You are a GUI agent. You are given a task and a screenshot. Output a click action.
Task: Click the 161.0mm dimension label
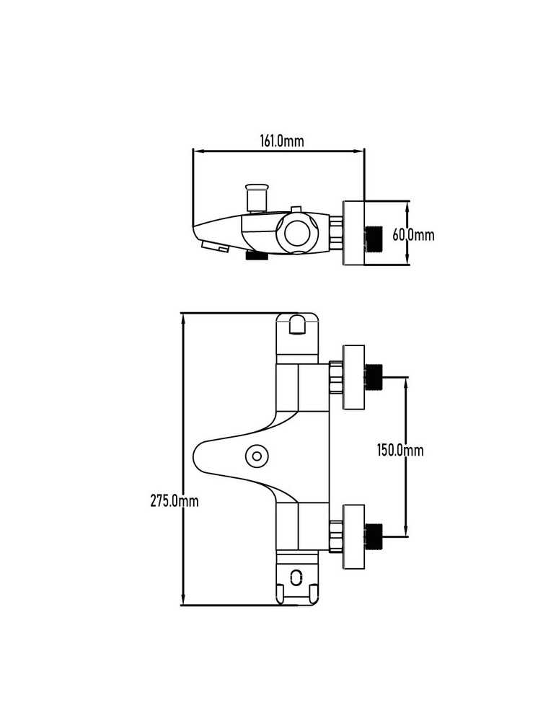click(282, 141)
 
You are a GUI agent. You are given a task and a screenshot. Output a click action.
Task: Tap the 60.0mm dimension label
click(413, 235)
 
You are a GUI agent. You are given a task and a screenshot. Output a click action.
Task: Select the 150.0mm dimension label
click(400, 450)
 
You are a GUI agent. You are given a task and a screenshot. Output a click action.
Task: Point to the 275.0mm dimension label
click(175, 500)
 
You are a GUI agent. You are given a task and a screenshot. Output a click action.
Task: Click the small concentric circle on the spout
click(257, 456)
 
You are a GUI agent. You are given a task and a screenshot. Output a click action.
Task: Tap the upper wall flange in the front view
click(353, 376)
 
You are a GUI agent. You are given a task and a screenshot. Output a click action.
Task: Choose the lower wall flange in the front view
click(353, 536)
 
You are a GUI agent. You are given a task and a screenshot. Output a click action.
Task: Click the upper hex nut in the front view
click(336, 377)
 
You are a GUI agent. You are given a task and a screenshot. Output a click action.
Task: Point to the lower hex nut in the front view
click(336, 536)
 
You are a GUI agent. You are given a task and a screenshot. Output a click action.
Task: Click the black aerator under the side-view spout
click(257, 256)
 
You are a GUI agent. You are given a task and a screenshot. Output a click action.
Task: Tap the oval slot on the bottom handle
click(296, 577)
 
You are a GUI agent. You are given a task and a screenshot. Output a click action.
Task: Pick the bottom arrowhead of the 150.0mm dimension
click(406, 531)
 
